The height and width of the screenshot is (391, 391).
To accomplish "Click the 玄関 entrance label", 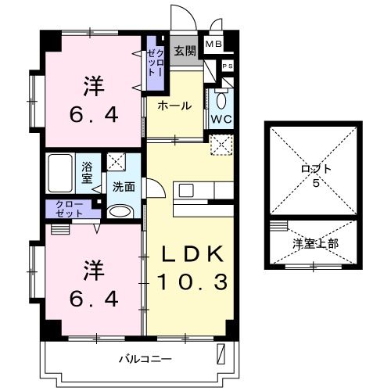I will click(x=184, y=52).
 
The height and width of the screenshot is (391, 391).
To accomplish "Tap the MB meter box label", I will click(x=213, y=45).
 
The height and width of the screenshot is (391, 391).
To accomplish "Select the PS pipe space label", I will click(x=227, y=66).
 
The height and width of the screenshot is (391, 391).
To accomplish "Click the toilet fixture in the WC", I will click(x=220, y=99).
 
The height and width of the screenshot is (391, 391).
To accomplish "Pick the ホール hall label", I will click(x=174, y=106).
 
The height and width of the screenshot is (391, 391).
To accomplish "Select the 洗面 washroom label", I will click(x=124, y=188).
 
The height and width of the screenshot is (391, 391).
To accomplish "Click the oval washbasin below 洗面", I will click(x=120, y=210).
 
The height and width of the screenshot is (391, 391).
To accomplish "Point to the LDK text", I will click(x=193, y=255).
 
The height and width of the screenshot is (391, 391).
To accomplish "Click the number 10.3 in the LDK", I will click(x=193, y=280).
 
